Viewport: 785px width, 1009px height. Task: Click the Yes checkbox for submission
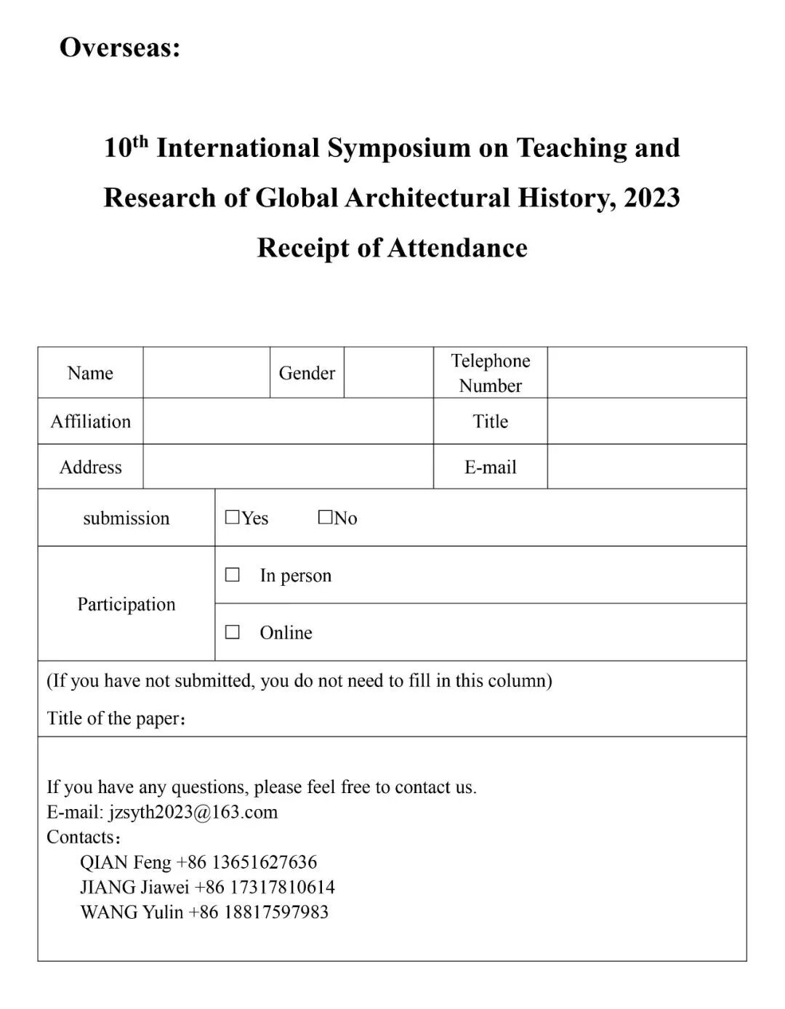tap(233, 518)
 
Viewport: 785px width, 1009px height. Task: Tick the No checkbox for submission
tap(325, 518)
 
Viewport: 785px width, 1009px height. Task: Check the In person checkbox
tap(233, 575)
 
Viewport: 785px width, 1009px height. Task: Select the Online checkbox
tap(233, 632)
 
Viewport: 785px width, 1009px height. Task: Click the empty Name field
tap(206, 373)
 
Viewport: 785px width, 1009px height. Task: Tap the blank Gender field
tap(388, 373)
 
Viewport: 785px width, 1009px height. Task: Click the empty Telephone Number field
tap(646, 373)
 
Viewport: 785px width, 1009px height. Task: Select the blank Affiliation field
tap(288, 422)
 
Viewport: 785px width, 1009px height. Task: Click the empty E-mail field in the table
tap(646, 467)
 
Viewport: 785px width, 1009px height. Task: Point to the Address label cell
tap(90, 467)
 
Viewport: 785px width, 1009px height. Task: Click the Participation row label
tap(126, 604)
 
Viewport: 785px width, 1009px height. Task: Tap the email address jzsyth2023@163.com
tap(193, 812)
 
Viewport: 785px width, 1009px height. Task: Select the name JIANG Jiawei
tap(134, 887)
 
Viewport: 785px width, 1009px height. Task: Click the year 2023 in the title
tap(651, 198)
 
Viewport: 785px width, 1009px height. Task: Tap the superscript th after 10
tap(140, 140)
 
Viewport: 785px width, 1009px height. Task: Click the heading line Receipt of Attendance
tap(392, 248)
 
